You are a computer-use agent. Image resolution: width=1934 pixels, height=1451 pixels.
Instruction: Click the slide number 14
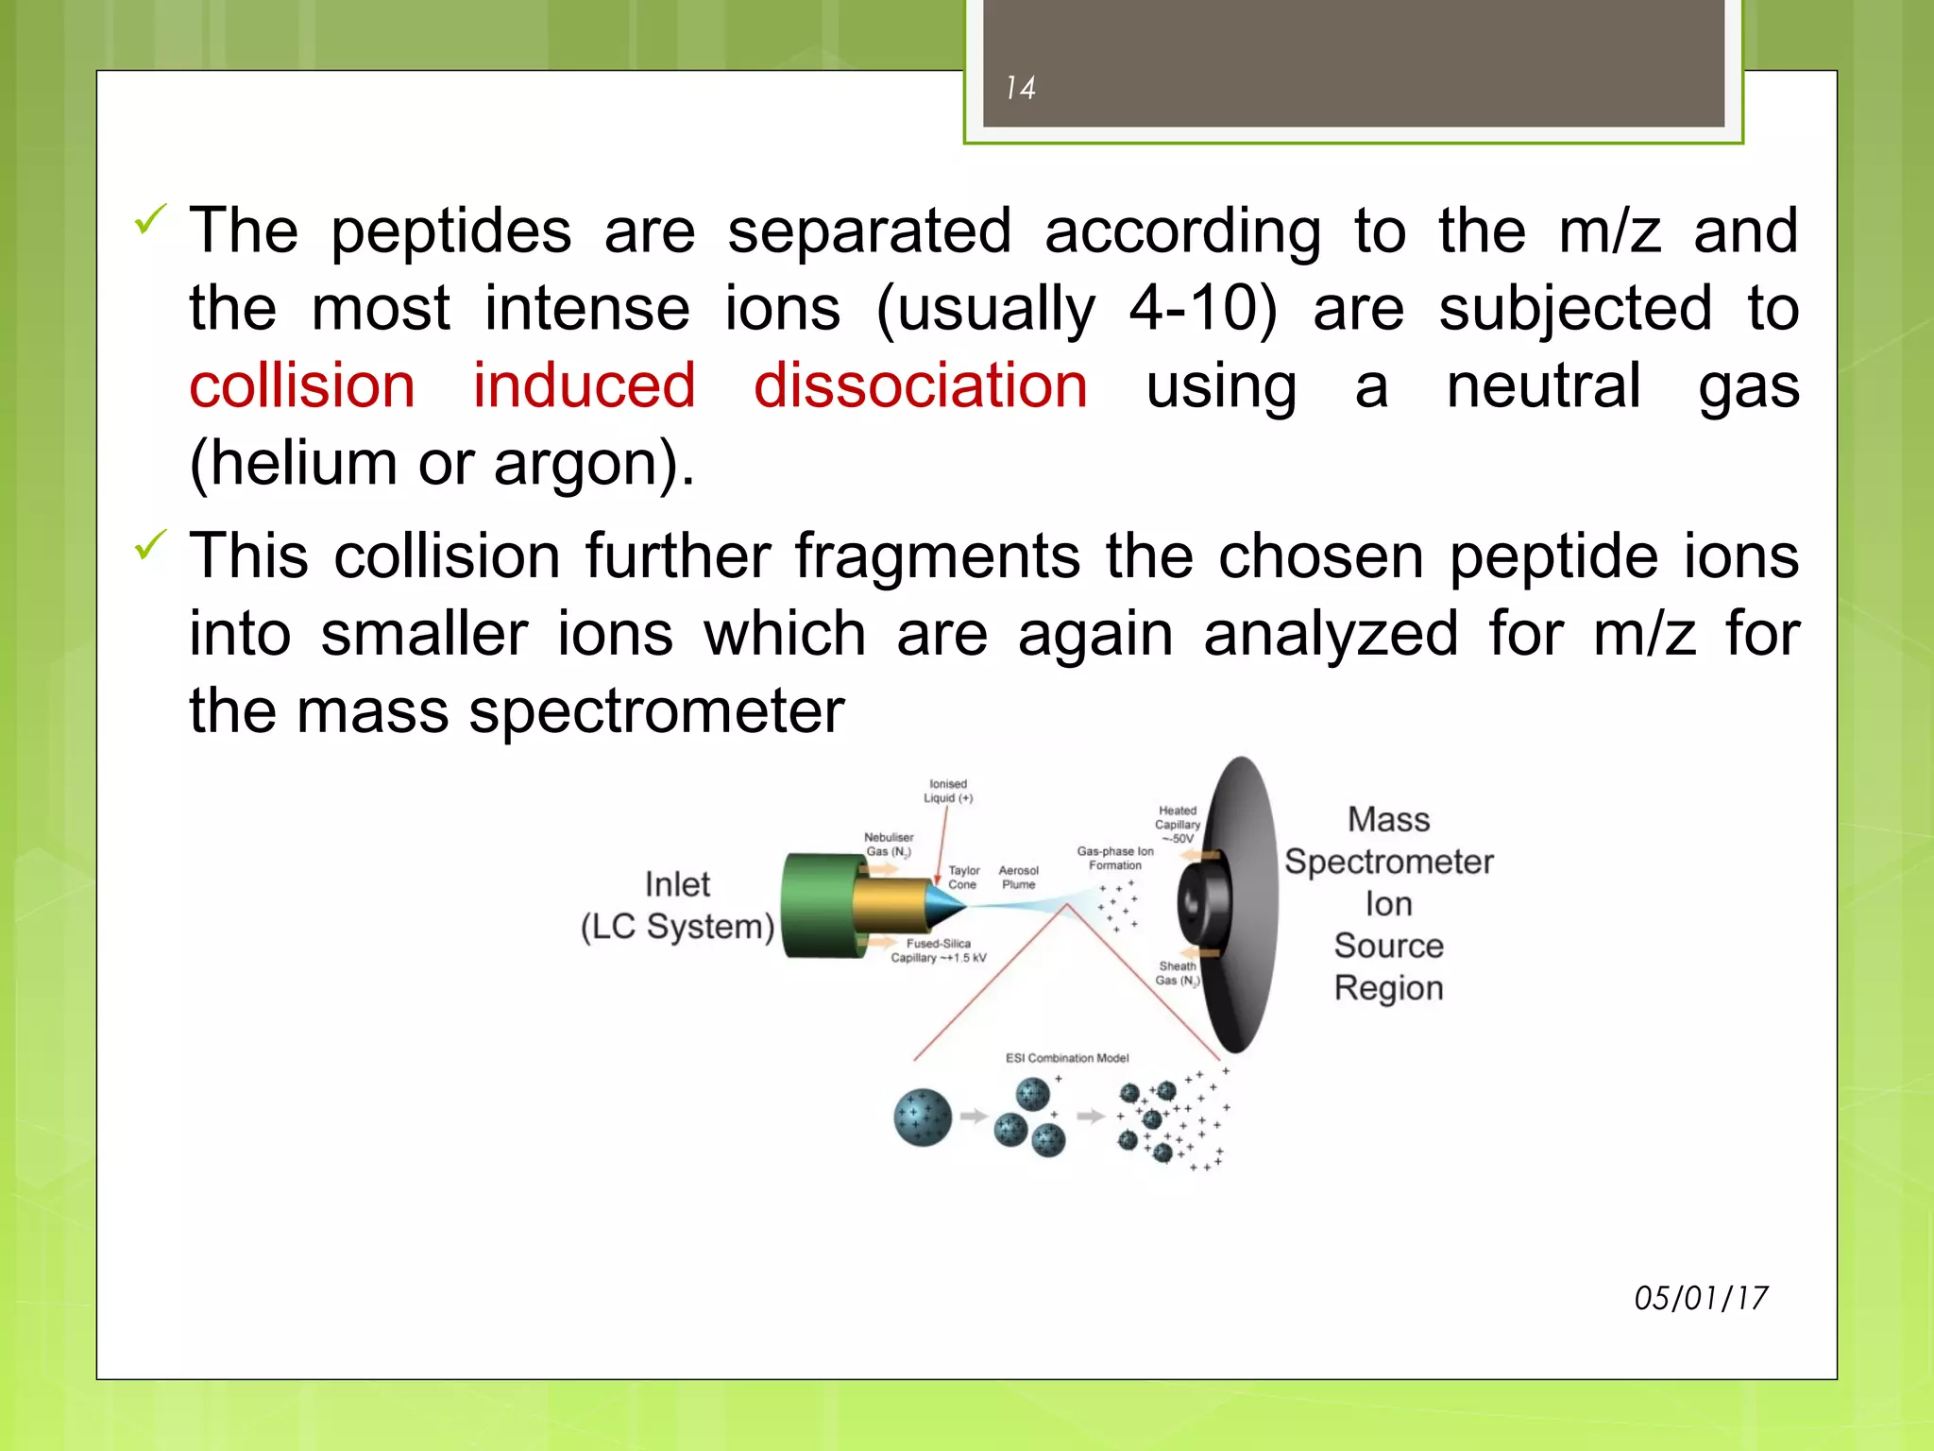coord(1020,88)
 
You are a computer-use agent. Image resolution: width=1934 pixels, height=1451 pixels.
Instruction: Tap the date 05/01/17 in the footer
coord(1700,1298)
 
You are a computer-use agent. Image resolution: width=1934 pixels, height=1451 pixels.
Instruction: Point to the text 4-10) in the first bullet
coord(1202,308)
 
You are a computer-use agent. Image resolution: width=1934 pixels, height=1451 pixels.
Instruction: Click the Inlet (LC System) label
coord(677,905)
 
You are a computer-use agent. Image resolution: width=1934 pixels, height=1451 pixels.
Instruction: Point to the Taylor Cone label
coord(963,878)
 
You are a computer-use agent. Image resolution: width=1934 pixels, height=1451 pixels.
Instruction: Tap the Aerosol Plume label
coord(1018,878)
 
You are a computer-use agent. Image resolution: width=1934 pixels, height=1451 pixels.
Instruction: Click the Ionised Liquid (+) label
coord(948,791)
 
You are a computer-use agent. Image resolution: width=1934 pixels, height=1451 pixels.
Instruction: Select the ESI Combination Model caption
coord(1066,1058)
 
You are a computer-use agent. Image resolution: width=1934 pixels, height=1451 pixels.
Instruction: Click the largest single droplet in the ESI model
coord(922,1117)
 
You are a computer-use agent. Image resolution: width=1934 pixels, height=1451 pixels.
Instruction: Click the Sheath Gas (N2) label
coord(1177,973)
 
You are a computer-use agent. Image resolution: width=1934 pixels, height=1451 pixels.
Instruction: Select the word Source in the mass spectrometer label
coord(1388,946)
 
